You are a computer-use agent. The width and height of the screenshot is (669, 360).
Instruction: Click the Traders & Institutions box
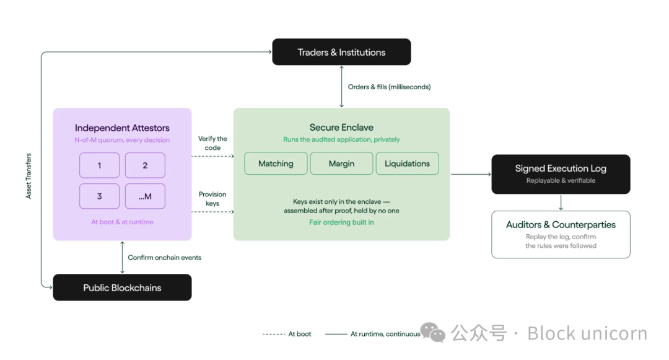(x=341, y=52)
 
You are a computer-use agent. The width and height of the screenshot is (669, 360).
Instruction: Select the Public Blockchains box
(x=122, y=288)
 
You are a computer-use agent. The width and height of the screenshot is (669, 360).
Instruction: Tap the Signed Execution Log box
(x=561, y=174)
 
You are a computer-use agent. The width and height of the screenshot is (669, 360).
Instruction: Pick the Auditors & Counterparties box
(x=561, y=234)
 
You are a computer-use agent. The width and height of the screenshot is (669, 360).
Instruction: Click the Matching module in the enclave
(x=276, y=164)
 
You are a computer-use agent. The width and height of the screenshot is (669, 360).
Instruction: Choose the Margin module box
(x=341, y=164)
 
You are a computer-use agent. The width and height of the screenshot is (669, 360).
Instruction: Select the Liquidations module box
(x=407, y=164)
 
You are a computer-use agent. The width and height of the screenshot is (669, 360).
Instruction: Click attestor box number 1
(x=99, y=165)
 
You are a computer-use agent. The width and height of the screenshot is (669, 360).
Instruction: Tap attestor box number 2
(x=145, y=165)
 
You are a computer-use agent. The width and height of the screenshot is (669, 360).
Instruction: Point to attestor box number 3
(x=99, y=196)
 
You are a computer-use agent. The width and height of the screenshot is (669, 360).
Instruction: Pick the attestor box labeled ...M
(x=145, y=196)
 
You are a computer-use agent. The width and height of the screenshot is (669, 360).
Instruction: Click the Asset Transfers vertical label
(x=28, y=176)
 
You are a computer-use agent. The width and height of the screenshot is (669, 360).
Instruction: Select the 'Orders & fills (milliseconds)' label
(x=389, y=87)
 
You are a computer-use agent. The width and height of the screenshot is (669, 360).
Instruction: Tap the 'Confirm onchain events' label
(x=164, y=258)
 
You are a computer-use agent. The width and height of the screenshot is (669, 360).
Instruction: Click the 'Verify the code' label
(x=212, y=143)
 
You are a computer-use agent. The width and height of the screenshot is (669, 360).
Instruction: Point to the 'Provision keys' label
(x=212, y=199)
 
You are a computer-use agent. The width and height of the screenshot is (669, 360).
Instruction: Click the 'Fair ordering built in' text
(x=341, y=222)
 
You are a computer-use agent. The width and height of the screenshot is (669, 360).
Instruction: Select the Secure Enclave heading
(x=341, y=127)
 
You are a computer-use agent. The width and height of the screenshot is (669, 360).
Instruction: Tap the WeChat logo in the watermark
(x=433, y=332)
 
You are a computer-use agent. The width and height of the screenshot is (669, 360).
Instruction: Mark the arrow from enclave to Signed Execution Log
(x=471, y=174)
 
